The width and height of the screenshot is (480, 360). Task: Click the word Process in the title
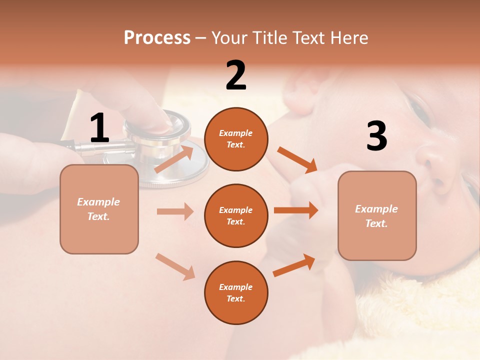(157, 38)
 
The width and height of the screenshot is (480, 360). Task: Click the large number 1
(99, 129)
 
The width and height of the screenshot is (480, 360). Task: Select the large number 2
(236, 76)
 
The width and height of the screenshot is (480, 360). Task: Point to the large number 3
(376, 136)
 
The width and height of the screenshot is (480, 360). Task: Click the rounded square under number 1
(99, 209)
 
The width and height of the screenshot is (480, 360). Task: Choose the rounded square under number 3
(377, 215)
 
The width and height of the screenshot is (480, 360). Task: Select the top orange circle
(236, 139)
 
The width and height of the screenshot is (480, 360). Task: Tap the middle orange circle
(236, 215)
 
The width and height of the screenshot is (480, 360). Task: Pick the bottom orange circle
(236, 292)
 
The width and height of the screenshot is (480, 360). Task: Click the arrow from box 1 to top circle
(174, 159)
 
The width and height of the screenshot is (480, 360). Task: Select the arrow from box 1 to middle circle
(175, 211)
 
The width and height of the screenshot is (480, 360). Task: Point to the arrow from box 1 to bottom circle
(175, 266)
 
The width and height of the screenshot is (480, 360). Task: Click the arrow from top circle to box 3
(297, 160)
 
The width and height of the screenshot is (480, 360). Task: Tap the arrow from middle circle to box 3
(296, 210)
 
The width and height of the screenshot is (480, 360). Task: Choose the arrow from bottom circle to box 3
(294, 265)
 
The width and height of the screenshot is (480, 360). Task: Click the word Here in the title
(349, 38)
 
